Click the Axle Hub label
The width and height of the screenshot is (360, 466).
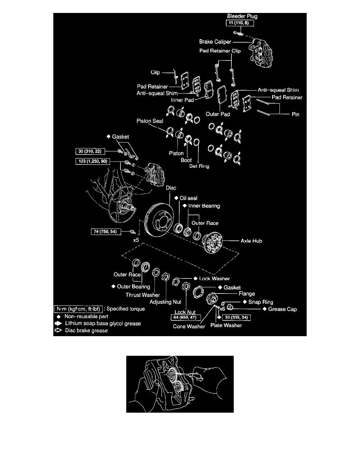251,241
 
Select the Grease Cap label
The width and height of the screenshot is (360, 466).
282,309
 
